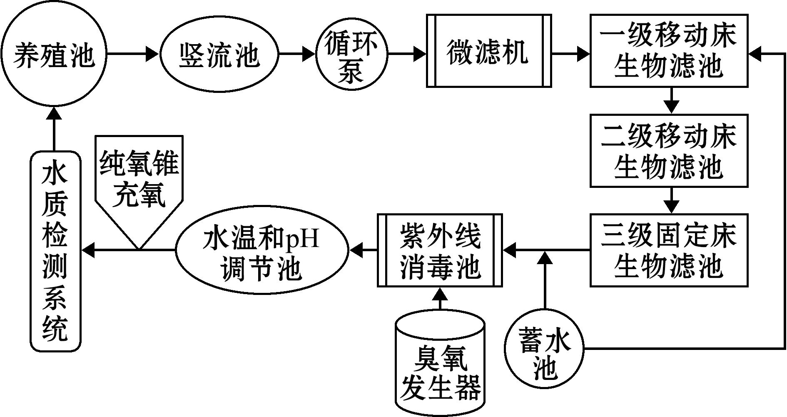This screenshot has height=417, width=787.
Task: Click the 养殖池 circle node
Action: tap(54, 54)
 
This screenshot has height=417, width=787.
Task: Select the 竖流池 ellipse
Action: tap(219, 54)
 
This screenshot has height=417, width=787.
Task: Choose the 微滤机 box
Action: tap(489, 51)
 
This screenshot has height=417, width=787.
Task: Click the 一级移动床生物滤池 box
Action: tap(669, 51)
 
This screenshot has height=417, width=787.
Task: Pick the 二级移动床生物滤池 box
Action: tap(669, 151)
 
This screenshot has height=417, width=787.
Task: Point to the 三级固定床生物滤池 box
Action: tap(669, 250)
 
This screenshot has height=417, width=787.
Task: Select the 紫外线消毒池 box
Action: tap(440, 250)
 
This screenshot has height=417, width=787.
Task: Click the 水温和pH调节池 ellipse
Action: tap(262, 250)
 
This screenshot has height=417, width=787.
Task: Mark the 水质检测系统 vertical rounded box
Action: tap(55, 252)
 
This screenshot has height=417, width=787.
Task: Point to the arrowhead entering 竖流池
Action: tap(152, 54)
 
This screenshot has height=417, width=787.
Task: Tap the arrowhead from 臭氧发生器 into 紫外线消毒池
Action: tap(440, 294)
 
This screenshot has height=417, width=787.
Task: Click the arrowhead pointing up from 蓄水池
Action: tap(544, 259)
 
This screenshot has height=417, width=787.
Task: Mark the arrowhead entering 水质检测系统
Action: tap(89, 250)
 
